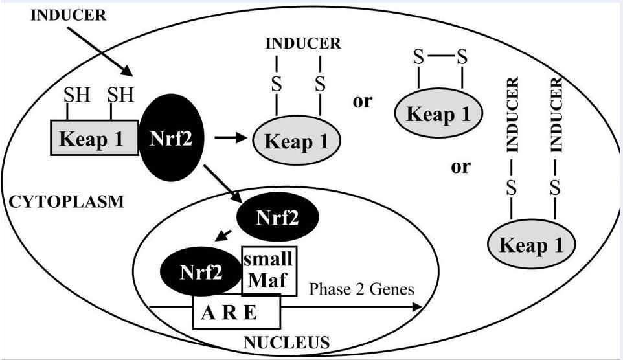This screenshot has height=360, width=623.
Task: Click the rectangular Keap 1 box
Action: (94, 139)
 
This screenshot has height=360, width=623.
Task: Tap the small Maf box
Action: (269, 270)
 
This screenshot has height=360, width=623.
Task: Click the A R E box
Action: (235, 313)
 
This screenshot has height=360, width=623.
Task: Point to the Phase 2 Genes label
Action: (361, 289)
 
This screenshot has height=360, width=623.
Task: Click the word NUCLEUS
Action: (287, 341)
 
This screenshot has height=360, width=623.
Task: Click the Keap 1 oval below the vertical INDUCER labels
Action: (532, 245)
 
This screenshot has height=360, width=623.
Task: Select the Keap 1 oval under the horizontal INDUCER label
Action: (298, 141)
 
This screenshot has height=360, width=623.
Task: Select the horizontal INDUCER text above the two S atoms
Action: (302, 44)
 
